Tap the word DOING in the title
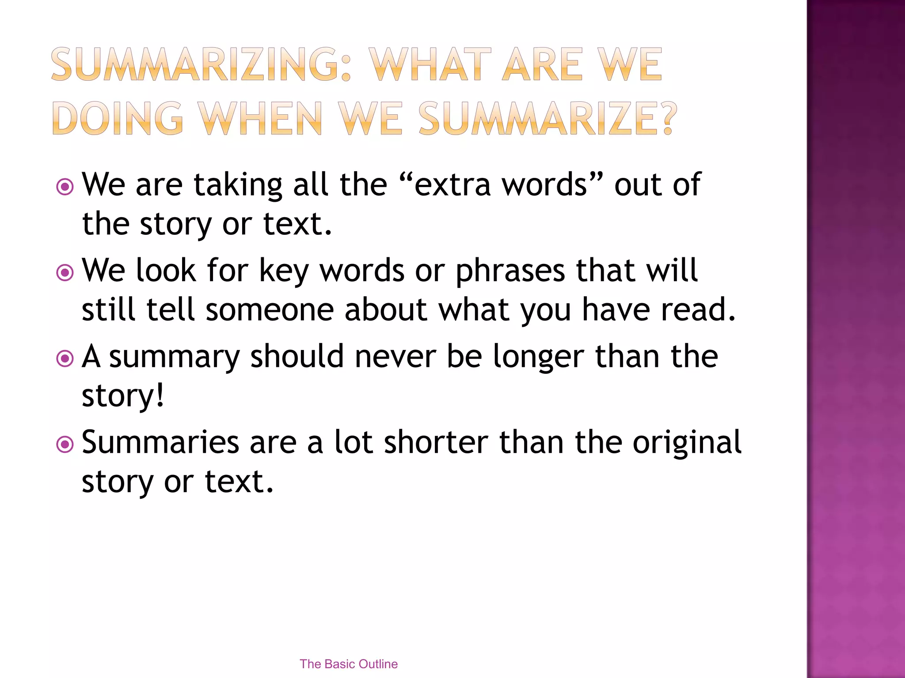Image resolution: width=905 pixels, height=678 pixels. point(118,118)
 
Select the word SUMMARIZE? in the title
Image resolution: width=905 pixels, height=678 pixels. point(548,118)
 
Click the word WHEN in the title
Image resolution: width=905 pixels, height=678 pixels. point(260,118)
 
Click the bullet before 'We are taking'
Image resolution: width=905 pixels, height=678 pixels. point(65,187)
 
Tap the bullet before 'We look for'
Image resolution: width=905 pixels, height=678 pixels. point(65,272)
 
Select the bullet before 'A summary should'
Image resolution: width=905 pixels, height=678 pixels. point(65,358)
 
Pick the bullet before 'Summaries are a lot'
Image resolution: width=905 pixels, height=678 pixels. point(65,444)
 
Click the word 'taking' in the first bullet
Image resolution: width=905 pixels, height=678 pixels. point(238,185)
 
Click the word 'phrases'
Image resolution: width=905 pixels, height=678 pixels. point(510,271)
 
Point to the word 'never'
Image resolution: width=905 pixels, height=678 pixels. point(395,356)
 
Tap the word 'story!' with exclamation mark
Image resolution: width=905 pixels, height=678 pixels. point(123,396)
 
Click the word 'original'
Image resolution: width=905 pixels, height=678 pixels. point(687,443)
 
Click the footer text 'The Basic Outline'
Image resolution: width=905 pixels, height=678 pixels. point(348,664)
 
